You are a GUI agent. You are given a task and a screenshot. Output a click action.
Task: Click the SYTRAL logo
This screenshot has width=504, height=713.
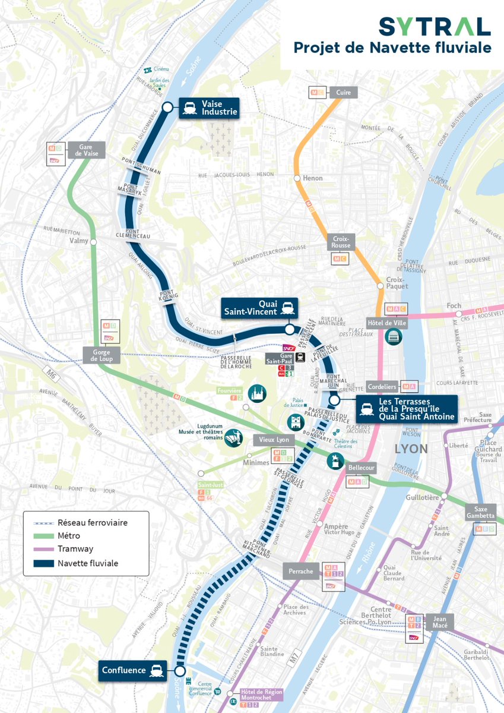click(x=435, y=26)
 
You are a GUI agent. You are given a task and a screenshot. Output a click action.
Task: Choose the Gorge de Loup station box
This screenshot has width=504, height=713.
click(x=102, y=355)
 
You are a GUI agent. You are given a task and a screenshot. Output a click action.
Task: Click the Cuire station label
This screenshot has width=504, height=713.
click(x=343, y=92)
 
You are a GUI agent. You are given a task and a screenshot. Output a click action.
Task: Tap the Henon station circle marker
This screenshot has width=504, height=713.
click(x=297, y=178)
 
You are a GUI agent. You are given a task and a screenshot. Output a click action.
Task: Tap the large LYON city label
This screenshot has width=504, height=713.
click(x=411, y=449)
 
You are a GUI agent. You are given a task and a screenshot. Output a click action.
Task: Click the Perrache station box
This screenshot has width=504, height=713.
click(x=300, y=571)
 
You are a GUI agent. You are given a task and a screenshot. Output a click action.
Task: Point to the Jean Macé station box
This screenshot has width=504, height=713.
click(x=440, y=622)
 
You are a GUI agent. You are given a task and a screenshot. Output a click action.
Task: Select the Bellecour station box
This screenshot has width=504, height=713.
click(x=362, y=468)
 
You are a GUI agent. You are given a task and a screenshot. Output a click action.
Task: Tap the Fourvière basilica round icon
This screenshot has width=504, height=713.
click(x=257, y=393)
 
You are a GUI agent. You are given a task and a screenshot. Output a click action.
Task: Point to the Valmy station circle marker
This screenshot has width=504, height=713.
click(x=93, y=241)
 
